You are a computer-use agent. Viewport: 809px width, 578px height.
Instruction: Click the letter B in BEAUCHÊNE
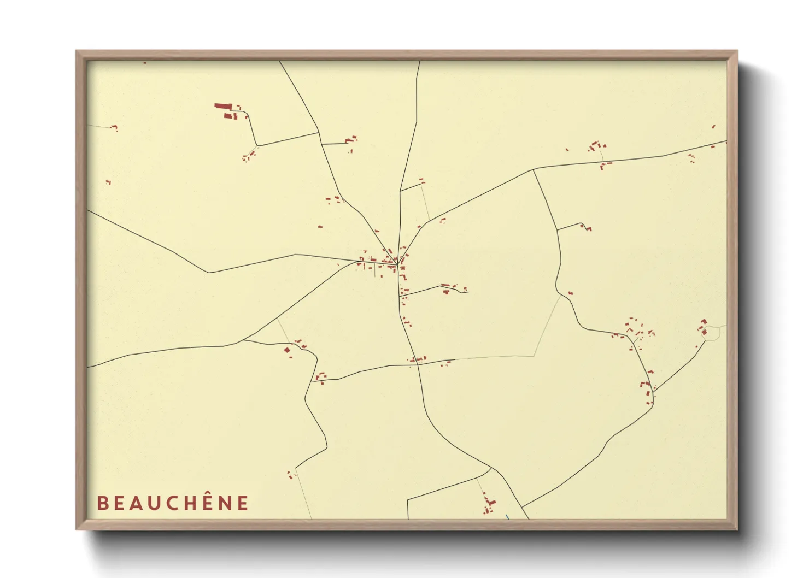click(102, 503)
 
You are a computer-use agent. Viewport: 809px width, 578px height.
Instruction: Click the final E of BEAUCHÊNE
click(243, 503)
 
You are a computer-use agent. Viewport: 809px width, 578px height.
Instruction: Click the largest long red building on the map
click(221, 107)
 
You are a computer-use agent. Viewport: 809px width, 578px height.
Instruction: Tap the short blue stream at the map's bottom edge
click(507, 517)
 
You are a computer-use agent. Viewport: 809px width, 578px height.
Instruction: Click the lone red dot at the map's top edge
click(145, 63)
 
